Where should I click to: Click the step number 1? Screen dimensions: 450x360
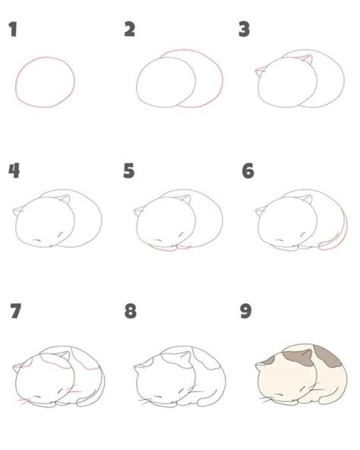(13, 30)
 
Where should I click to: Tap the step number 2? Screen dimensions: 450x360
(130, 30)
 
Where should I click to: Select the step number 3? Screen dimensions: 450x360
(245, 30)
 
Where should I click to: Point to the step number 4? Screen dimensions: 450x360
(13, 170)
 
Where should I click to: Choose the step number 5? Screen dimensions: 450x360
(130, 170)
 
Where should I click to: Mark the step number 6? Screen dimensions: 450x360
(247, 170)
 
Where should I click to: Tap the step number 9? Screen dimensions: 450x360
(246, 311)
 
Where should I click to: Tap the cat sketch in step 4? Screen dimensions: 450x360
(57, 220)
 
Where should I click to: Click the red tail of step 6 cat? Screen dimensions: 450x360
(331, 243)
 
